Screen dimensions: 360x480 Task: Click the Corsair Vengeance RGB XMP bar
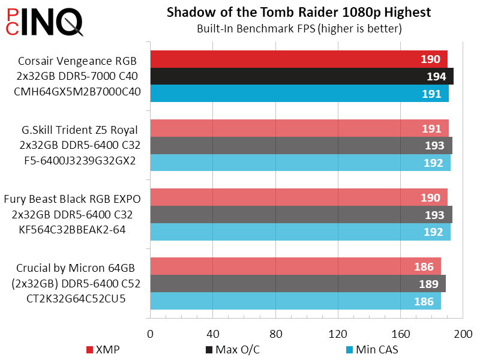point(298,59)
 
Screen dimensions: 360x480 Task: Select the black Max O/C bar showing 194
point(301,76)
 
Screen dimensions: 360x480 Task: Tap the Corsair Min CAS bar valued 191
point(299,94)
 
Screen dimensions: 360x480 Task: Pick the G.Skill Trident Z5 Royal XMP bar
point(299,128)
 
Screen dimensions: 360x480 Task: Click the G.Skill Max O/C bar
point(301,146)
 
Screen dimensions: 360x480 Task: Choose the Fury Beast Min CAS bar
point(300,232)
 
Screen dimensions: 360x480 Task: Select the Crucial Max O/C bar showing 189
point(298,283)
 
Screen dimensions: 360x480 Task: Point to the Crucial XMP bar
point(295,266)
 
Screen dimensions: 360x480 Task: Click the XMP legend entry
point(103,349)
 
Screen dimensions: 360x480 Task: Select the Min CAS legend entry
point(372,349)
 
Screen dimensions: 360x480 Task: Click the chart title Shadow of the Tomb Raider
point(299,13)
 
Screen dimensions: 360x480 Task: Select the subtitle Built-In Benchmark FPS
point(299,28)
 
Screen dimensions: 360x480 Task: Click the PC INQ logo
point(43,22)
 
